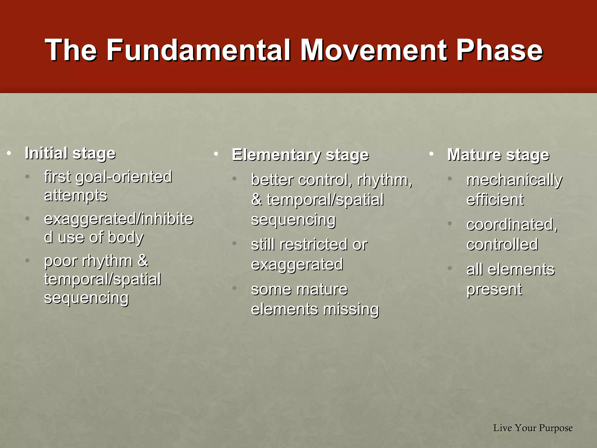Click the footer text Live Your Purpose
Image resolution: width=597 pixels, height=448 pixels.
coord(533,428)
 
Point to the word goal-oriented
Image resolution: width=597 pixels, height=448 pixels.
coord(124,177)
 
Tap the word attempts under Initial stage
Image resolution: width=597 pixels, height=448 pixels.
coord(75,195)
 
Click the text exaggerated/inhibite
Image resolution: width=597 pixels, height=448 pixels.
coord(118,219)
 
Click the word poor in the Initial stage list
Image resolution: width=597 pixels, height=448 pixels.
coord(61,261)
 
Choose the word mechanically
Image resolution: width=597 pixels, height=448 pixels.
coord(514,180)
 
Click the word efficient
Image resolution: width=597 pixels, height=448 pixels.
coord(495,200)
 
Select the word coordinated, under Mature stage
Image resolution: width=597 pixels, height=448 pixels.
coord(512,225)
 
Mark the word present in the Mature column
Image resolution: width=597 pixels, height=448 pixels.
coord(494,289)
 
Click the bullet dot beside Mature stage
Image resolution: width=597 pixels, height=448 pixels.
coord(431,153)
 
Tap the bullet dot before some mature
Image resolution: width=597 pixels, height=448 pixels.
coord(234,288)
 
